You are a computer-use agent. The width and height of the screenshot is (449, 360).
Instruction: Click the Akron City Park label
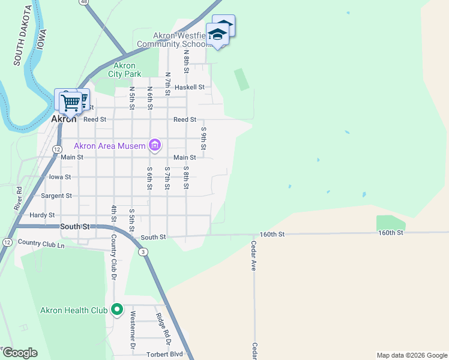pyautogui.click(x=124, y=70)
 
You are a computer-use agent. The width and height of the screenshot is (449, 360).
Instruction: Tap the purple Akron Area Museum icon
pyautogui.click(x=155, y=145)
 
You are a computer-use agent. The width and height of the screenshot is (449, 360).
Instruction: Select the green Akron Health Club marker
pyautogui.click(x=117, y=310)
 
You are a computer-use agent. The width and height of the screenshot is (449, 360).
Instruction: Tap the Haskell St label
pyautogui.click(x=190, y=87)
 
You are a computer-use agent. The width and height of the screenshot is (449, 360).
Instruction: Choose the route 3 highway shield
pyautogui.click(x=143, y=252)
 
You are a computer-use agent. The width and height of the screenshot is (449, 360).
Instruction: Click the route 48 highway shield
pyautogui.click(x=83, y=2)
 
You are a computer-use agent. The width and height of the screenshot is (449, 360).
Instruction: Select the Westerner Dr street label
pyautogui.click(x=133, y=330)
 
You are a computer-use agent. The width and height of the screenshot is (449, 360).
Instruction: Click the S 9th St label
pyautogui.click(x=203, y=139)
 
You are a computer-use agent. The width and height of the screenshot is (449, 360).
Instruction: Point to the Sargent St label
pyautogui.click(x=56, y=196)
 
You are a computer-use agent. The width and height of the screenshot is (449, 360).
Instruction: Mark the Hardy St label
pyautogui.click(x=42, y=215)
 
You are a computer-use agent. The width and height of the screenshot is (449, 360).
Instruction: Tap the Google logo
pyautogui.click(x=19, y=353)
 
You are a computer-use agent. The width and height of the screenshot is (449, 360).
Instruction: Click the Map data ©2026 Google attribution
pyautogui.click(x=411, y=355)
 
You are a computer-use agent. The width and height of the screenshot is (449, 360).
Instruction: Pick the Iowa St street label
pyautogui.click(x=59, y=177)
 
